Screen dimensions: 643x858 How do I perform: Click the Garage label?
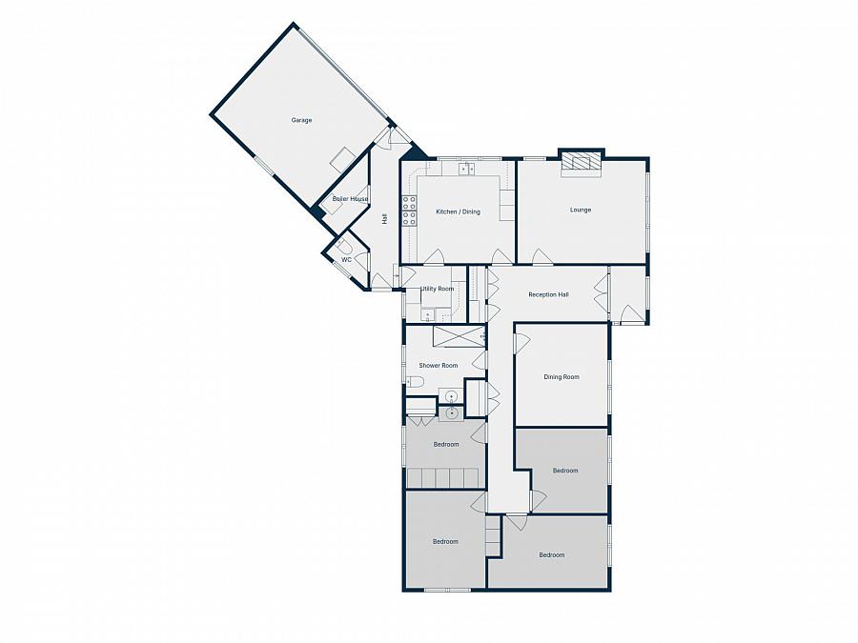(x=301, y=120)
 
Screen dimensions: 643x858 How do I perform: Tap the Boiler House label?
(x=350, y=199)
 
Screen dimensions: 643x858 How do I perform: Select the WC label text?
(x=346, y=259)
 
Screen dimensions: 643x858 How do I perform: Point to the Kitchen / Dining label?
(x=458, y=211)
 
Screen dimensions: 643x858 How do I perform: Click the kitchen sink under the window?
(x=466, y=170)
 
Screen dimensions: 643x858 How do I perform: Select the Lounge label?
(x=581, y=210)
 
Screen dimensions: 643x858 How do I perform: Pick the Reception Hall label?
(x=548, y=294)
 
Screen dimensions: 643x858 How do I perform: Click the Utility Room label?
(x=437, y=288)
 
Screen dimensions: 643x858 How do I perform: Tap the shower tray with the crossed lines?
(x=459, y=337)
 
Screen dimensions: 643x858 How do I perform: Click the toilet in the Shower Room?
(x=414, y=381)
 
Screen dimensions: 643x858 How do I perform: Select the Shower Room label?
(x=438, y=366)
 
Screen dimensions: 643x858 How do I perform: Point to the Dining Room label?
(x=562, y=377)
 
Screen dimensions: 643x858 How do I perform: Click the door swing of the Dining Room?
(x=521, y=340)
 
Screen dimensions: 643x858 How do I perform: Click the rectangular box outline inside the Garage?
(x=341, y=160)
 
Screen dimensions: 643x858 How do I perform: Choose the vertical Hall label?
(x=384, y=218)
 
